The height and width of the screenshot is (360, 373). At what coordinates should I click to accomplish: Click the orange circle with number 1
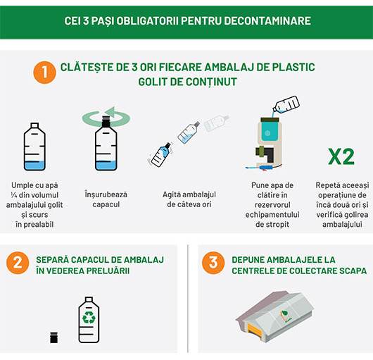click(44, 72)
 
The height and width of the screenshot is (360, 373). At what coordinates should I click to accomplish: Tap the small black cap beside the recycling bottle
click(53, 337)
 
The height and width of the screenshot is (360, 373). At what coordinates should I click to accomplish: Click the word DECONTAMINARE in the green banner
click(272, 20)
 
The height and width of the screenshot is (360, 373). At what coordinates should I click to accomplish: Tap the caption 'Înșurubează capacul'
click(106, 190)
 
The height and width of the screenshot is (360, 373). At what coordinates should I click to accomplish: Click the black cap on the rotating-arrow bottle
click(106, 122)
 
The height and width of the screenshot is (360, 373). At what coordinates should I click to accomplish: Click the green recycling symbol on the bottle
click(89, 318)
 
